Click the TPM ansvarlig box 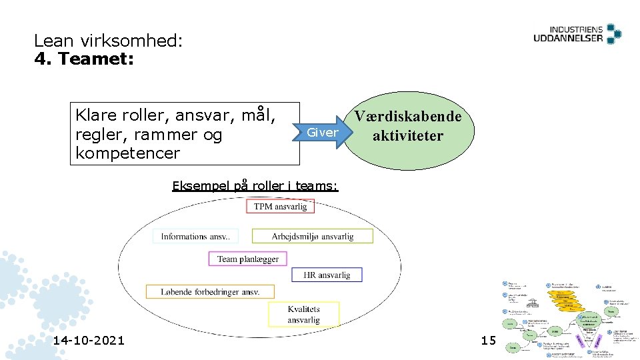280,207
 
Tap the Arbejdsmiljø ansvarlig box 313,237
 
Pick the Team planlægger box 248,259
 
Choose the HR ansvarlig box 327,275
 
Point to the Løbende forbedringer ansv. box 210,291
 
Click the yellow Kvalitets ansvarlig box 303,314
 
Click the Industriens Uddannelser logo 577,35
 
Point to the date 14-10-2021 89,341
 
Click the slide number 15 489,341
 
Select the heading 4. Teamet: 84,59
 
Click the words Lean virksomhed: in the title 108,41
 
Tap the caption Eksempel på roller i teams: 255,186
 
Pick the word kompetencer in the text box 128,153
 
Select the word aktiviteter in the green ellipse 408,136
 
